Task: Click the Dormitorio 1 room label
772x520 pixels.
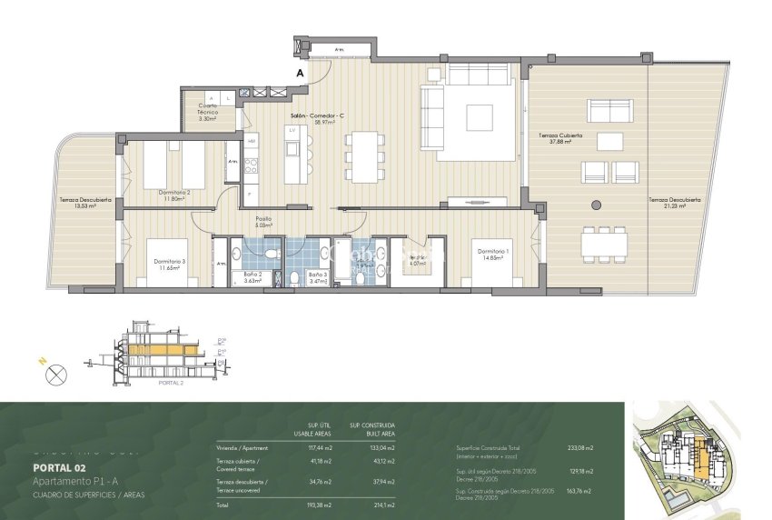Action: pyautogui.click(x=492, y=254)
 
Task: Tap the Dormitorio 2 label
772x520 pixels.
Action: pyautogui.click(x=173, y=195)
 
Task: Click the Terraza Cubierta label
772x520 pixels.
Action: pyautogui.click(x=565, y=137)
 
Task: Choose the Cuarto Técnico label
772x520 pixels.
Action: pyautogui.click(x=208, y=114)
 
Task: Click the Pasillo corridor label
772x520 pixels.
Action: pyautogui.click(x=262, y=221)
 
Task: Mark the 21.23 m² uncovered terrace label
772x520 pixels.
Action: pyautogui.click(x=668, y=203)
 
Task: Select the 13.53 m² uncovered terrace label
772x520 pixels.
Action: pyautogui.click(x=85, y=202)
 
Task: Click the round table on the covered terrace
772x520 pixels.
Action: pyautogui.click(x=597, y=204)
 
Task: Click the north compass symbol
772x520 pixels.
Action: pyautogui.click(x=57, y=372)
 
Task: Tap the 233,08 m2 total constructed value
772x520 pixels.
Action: pyautogui.click(x=579, y=448)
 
